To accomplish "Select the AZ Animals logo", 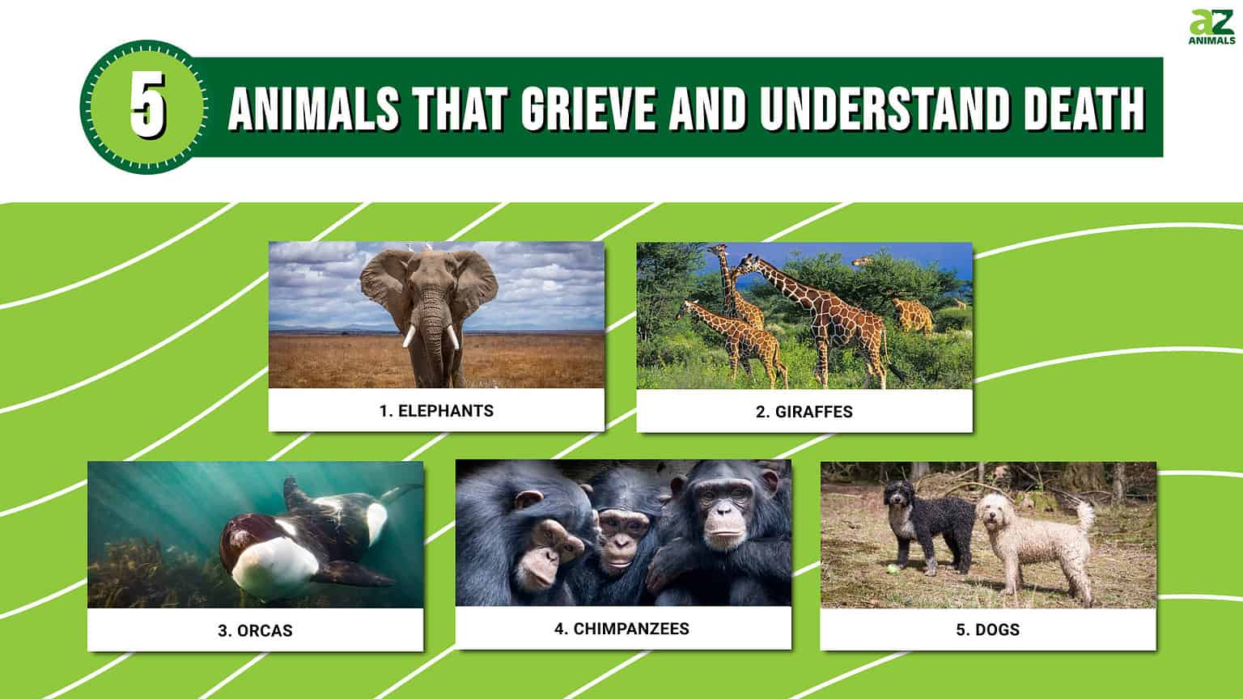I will coord(1211,27).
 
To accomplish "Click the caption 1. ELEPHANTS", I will coord(436,410).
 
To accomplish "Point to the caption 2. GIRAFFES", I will coord(804,411).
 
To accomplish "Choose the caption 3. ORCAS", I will coord(255,630).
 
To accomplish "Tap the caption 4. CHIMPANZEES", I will coord(621,629).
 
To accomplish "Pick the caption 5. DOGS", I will coord(987,629).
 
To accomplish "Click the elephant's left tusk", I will coord(409,336).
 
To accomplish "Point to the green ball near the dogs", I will coord(892,570).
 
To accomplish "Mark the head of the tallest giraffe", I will coord(749,264).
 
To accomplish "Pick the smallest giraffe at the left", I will coord(728,340).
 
